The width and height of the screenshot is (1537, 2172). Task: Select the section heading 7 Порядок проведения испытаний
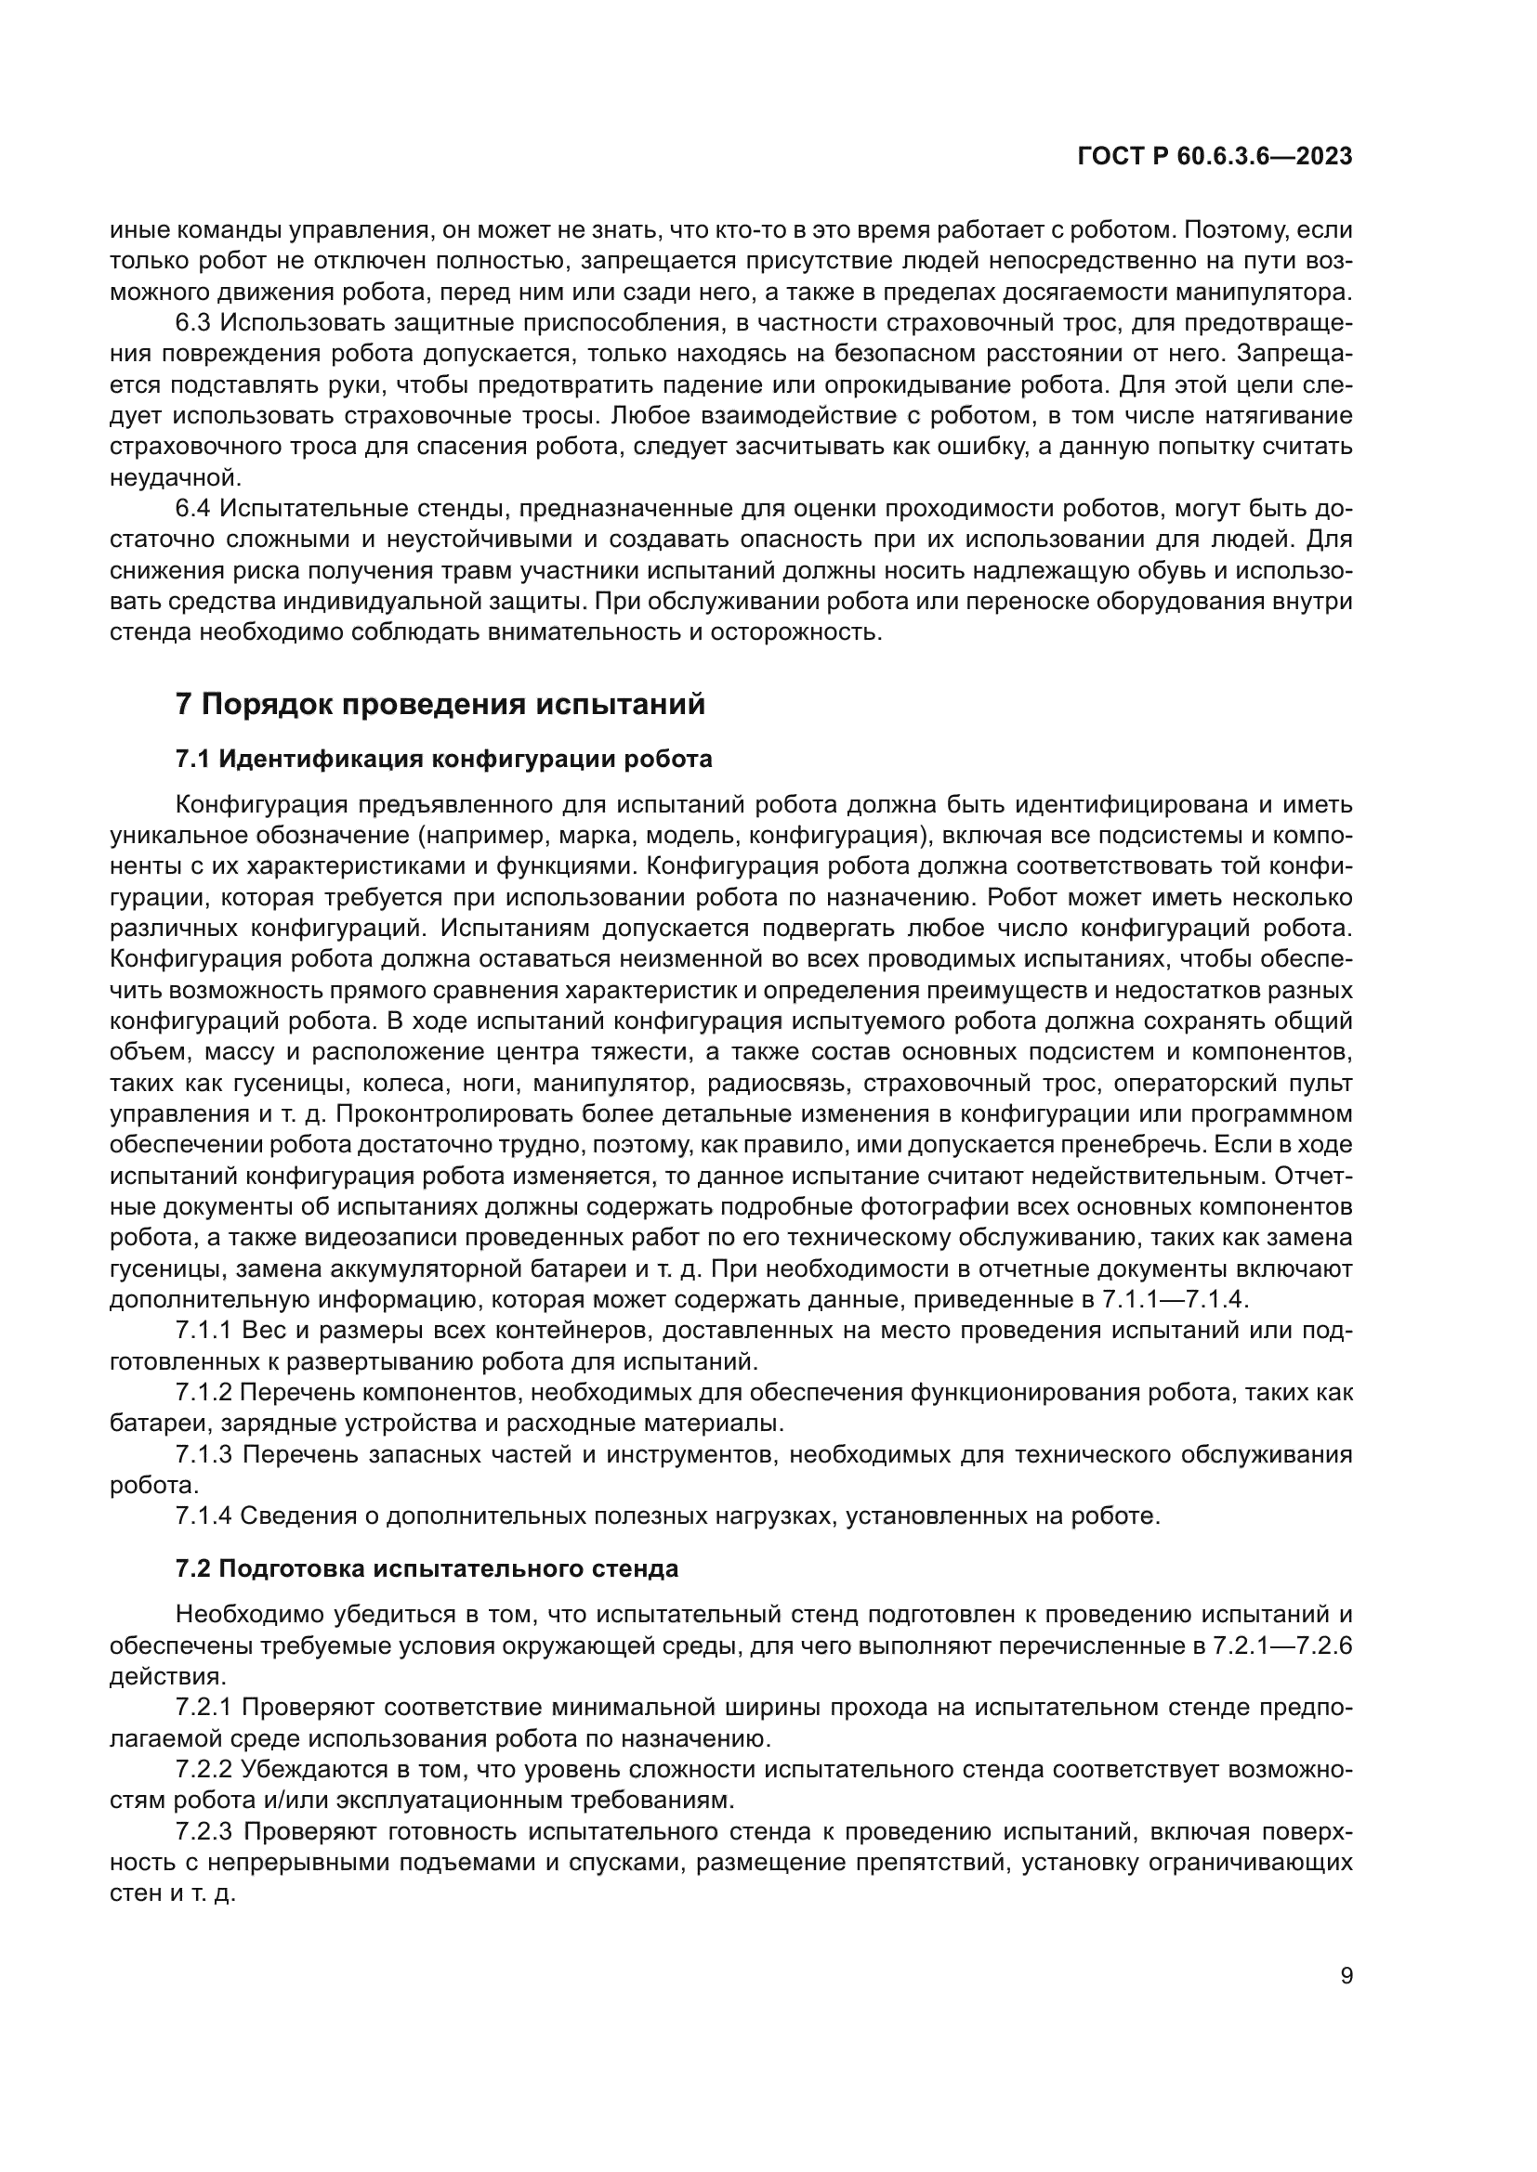point(440,705)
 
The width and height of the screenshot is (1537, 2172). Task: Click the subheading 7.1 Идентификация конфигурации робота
point(443,759)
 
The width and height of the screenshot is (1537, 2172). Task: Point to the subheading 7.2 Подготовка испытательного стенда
point(427,1568)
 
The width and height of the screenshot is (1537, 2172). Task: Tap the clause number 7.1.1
point(204,1331)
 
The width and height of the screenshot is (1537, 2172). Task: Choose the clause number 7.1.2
point(204,1393)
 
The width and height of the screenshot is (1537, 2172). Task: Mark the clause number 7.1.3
point(204,1454)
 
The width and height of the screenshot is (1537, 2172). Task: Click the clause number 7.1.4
point(204,1515)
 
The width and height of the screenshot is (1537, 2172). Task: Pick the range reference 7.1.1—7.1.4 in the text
point(1176,1300)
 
